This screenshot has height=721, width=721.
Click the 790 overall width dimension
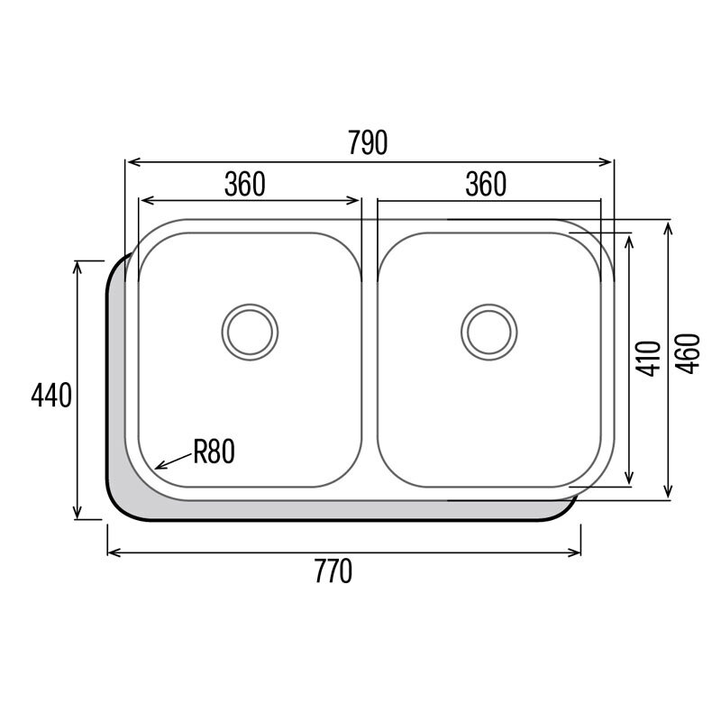(368, 143)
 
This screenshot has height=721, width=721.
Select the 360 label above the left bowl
(244, 184)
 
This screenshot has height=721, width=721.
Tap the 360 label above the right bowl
(486, 184)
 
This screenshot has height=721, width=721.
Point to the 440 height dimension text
(51, 396)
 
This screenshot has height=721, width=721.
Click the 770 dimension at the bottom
(333, 571)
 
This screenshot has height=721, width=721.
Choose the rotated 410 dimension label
(647, 358)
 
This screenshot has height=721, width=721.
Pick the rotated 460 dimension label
(688, 353)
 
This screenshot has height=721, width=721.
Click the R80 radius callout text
(214, 452)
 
